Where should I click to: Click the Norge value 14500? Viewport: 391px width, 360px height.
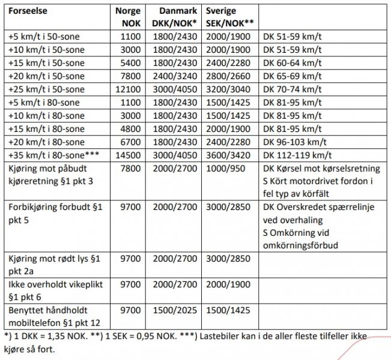128,155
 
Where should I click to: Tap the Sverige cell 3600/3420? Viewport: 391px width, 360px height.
229,155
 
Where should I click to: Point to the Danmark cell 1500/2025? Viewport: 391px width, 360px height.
174,310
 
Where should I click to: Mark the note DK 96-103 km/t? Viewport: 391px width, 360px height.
295,142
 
